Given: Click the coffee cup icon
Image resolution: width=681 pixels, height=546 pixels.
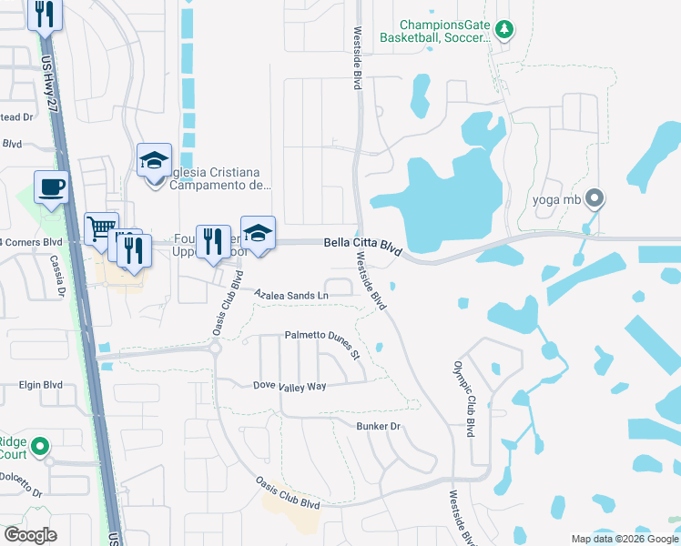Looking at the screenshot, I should (x=51, y=187).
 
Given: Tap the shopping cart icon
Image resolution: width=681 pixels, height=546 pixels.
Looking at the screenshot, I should (x=101, y=227).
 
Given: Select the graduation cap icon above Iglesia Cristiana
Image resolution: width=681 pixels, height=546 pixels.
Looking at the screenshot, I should (x=155, y=160).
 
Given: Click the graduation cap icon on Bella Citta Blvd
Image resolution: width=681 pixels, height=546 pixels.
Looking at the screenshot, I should (x=258, y=232).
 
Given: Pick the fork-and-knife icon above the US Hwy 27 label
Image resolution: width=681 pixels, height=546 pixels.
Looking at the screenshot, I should (x=43, y=14).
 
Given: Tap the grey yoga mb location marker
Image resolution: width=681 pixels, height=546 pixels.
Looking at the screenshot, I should (x=595, y=197).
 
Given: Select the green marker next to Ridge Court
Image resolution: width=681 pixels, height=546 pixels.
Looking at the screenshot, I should (x=39, y=447).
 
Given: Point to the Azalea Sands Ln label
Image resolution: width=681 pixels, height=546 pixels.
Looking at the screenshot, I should (x=291, y=296).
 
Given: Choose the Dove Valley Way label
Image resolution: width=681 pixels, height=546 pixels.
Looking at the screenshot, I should (x=290, y=386).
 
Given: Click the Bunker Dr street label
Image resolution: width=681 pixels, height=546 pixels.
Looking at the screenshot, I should (x=379, y=426).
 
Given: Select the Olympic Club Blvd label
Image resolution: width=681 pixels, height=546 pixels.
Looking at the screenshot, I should (x=463, y=399).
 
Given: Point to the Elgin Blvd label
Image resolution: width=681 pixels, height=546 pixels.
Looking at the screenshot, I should (x=41, y=385).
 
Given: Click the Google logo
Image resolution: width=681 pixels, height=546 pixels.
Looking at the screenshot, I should (x=31, y=534).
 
